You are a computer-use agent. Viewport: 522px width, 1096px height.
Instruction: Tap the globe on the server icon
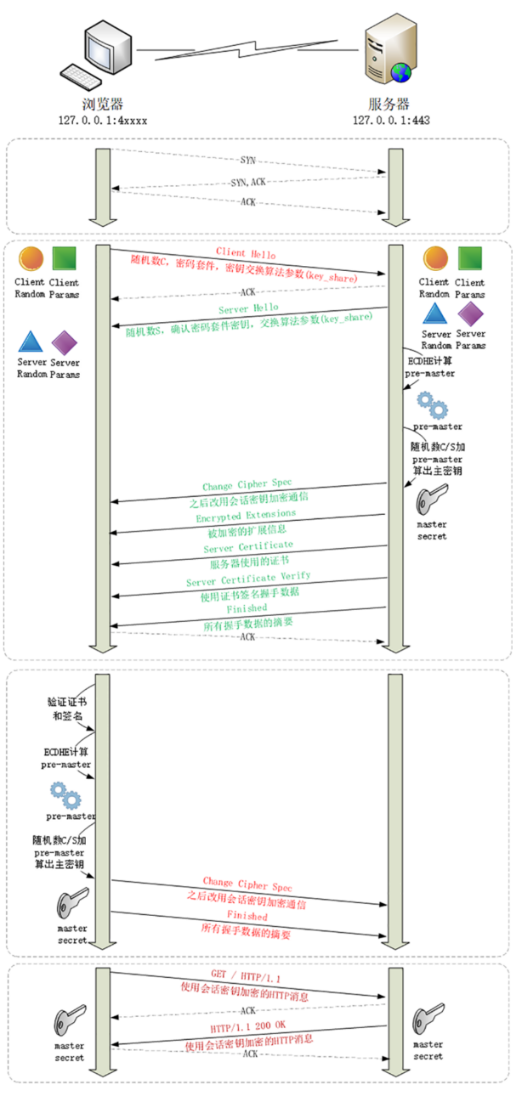[401, 73]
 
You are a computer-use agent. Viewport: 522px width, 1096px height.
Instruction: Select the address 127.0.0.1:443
[391, 120]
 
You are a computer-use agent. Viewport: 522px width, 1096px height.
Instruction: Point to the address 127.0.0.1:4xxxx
[103, 120]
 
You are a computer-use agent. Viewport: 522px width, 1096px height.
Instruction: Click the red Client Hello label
[245, 252]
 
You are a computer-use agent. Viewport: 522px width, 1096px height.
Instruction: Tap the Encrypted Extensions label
[247, 516]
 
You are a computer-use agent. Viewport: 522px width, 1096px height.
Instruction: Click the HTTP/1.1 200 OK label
[247, 1027]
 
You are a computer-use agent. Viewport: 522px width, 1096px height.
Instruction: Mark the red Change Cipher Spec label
[247, 884]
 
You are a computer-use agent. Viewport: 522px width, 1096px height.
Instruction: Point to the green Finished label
[247, 608]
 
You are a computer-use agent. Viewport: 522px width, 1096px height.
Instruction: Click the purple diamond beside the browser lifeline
[65, 343]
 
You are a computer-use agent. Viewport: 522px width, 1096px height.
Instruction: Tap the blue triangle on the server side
[435, 314]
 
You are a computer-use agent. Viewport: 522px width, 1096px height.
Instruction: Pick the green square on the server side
[470, 259]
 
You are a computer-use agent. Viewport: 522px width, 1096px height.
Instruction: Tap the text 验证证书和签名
[65, 709]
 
